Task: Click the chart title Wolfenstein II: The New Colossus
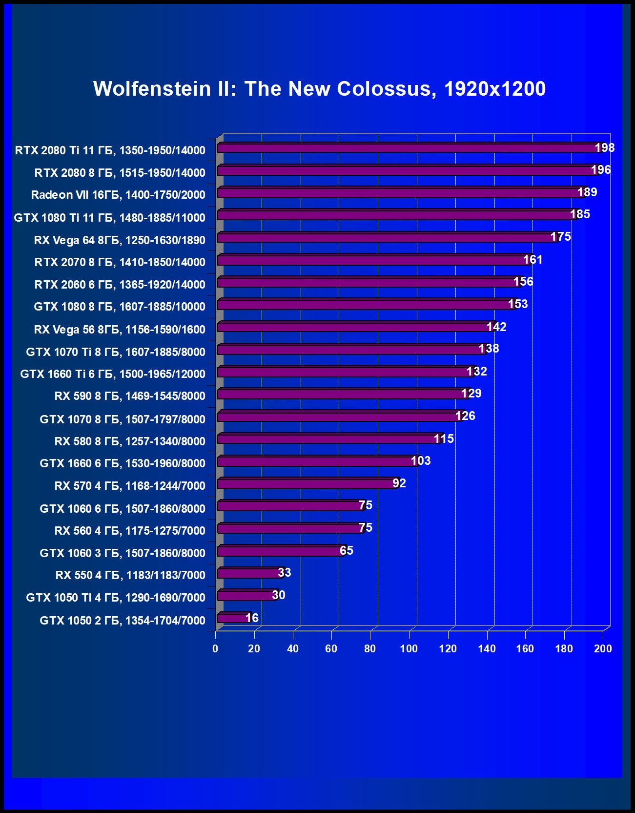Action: pos(319,89)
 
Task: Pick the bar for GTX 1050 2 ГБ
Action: pos(233,618)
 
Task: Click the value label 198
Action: pos(605,147)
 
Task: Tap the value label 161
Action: pos(533,259)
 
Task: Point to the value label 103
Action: pos(421,460)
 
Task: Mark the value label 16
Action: pos(252,618)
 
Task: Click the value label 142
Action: pos(496,327)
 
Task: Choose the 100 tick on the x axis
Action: pos(409,648)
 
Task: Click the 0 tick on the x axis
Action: pos(215,648)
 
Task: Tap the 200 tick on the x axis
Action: pos(603,648)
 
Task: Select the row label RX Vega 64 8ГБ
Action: pos(120,240)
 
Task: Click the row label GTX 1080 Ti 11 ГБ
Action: pos(109,217)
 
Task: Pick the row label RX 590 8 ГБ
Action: pos(130,396)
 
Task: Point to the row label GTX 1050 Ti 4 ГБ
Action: pos(116,597)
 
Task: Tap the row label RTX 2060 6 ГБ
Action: pos(120,284)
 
